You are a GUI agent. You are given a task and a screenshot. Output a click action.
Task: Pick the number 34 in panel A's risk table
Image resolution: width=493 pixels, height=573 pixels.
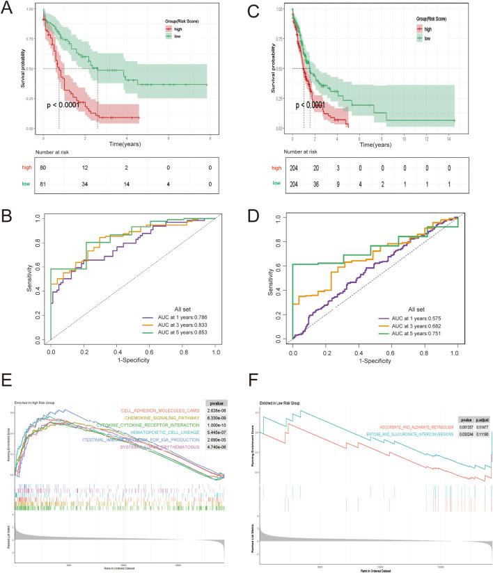[85, 184]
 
